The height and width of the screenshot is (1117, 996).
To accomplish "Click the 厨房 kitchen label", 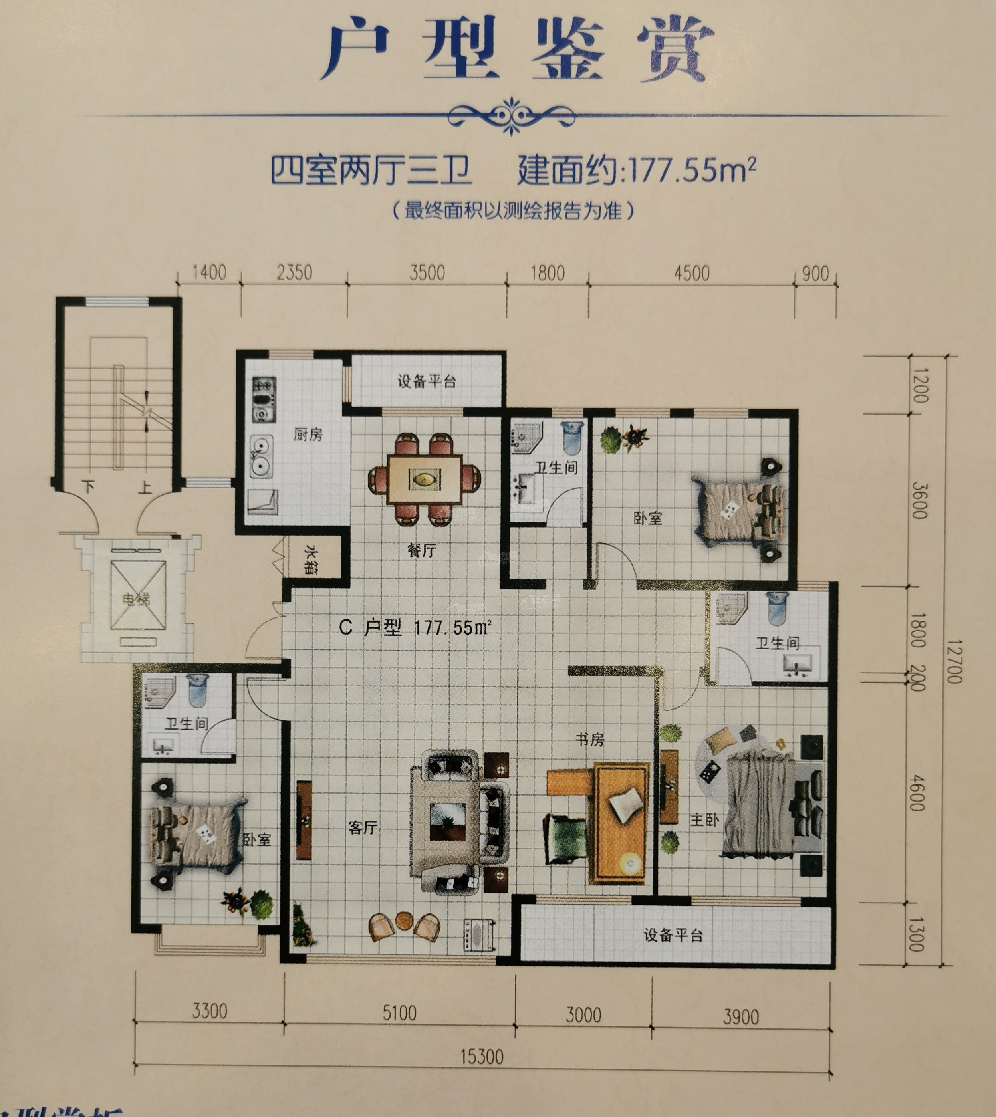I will click(308, 434).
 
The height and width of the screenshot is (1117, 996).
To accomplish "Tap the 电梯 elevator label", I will click(136, 599).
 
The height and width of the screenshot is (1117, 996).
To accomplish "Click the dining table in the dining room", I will click(425, 479).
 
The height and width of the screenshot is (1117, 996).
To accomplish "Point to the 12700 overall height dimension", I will click(953, 662).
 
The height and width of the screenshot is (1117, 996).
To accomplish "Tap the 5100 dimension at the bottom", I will click(399, 1013).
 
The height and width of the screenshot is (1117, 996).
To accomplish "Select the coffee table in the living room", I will click(448, 821).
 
